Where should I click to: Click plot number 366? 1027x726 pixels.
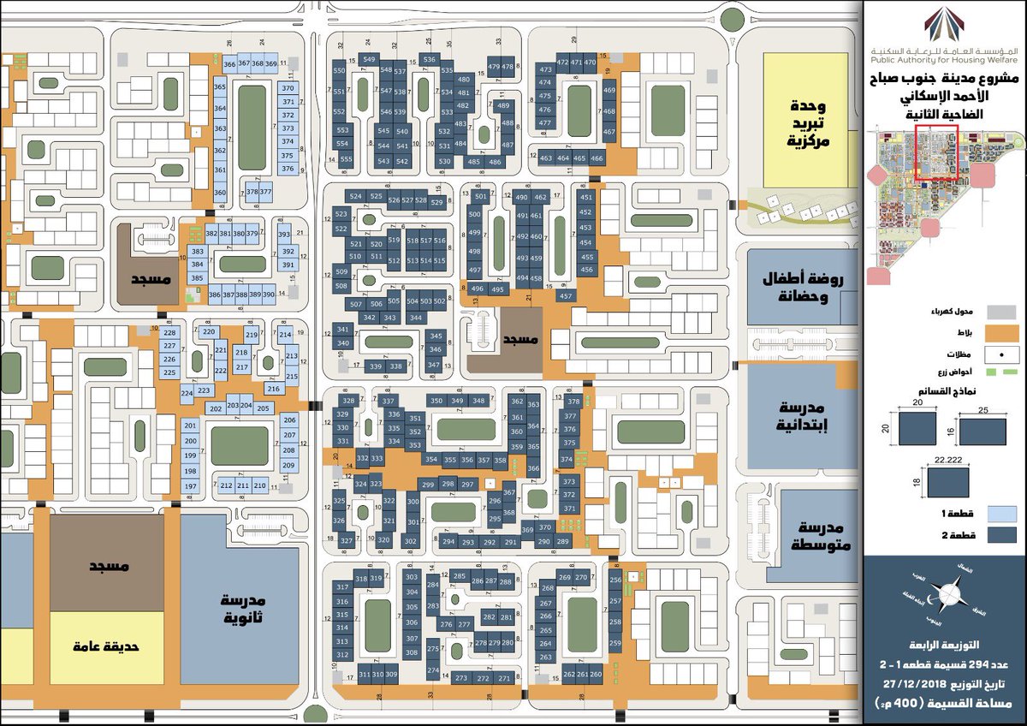[229, 64]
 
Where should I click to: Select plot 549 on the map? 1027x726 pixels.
[369, 58]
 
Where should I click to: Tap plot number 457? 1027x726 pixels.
[566, 296]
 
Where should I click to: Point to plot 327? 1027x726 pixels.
[347, 540]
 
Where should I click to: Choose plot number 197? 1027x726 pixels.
[191, 486]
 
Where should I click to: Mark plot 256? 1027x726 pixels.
[615, 580]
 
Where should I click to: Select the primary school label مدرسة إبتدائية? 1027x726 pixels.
[804, 418]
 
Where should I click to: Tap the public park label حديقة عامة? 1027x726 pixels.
[105, 647]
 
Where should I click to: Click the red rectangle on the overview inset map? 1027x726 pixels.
[935, 152]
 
